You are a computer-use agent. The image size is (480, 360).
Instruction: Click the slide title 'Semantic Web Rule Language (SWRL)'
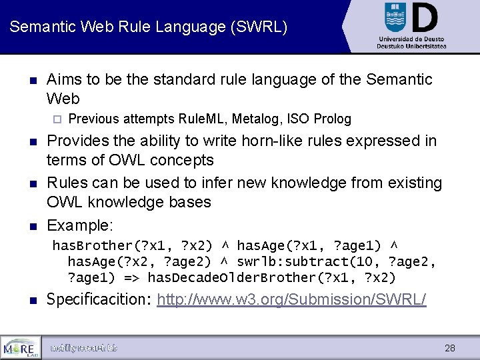point(149,27)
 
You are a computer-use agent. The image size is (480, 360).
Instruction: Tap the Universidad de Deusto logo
point(411,25)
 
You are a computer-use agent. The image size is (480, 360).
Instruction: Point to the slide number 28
point(450,348)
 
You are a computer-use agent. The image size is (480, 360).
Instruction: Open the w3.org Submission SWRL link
point(291,300)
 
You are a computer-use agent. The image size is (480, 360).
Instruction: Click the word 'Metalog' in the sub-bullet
point(257,119)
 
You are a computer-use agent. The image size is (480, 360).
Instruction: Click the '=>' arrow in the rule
point(131,277)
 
